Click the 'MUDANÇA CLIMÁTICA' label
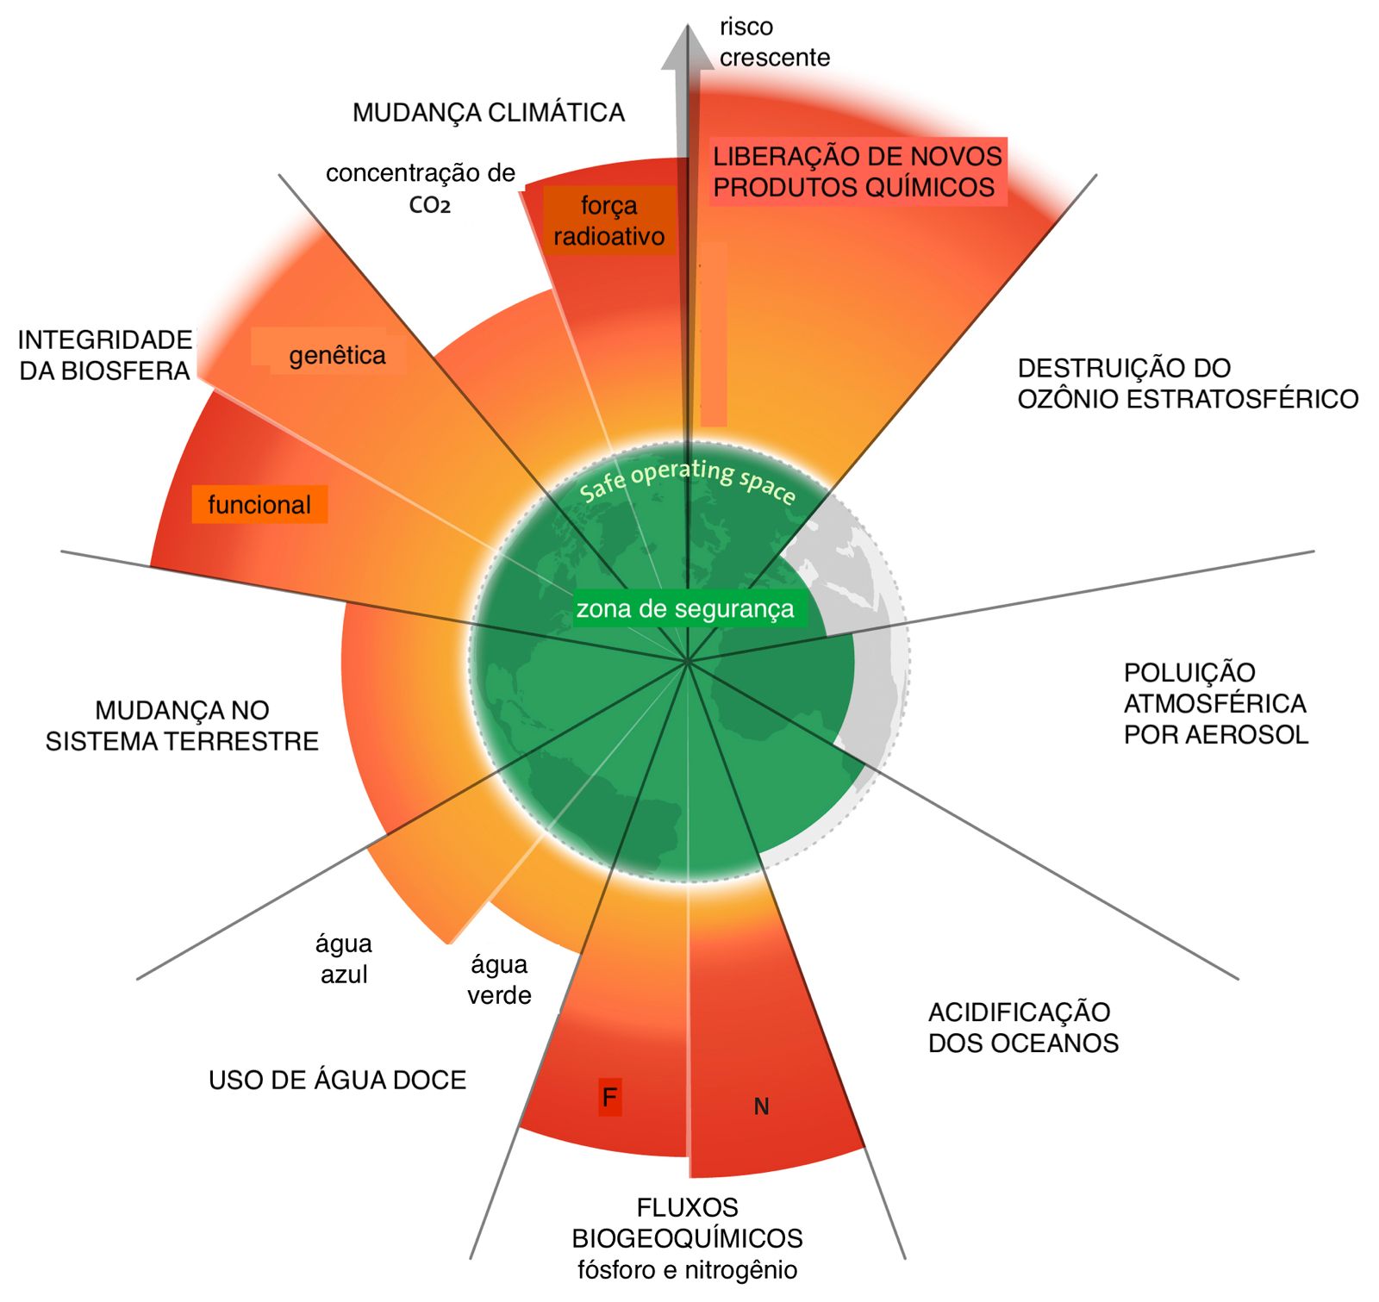tap(488, 113)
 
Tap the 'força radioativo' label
tap(608, 221)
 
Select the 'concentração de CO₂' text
tap(421, 188)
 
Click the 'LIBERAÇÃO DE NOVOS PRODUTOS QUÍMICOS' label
tap(857, 171)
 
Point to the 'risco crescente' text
tap(773, 42)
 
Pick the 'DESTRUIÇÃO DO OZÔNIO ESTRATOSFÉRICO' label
tap(1187, 383)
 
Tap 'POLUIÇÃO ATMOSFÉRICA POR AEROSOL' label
tap(1215, 703)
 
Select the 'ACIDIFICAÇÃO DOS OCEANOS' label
tap(1022, 1027)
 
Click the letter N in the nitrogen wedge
tap(761, 1106)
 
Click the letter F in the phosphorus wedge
tap(609, 1097)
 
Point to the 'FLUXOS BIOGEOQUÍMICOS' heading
tap(687, 1223)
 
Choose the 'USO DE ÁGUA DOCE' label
tap(337, 1080)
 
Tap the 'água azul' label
tap(344, 959)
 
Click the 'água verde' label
tap(499, 980)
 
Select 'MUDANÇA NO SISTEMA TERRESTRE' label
tap(182, 726)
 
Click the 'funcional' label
tap(259, 504)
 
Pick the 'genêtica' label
tap(337, 355)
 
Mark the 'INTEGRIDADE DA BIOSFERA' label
tap(105, 355)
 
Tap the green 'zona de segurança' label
tap(685, 609)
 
